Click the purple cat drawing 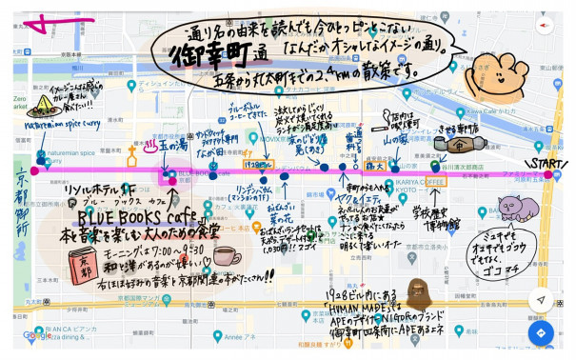[x=518, y=208]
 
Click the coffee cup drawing [x=225, y=257]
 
